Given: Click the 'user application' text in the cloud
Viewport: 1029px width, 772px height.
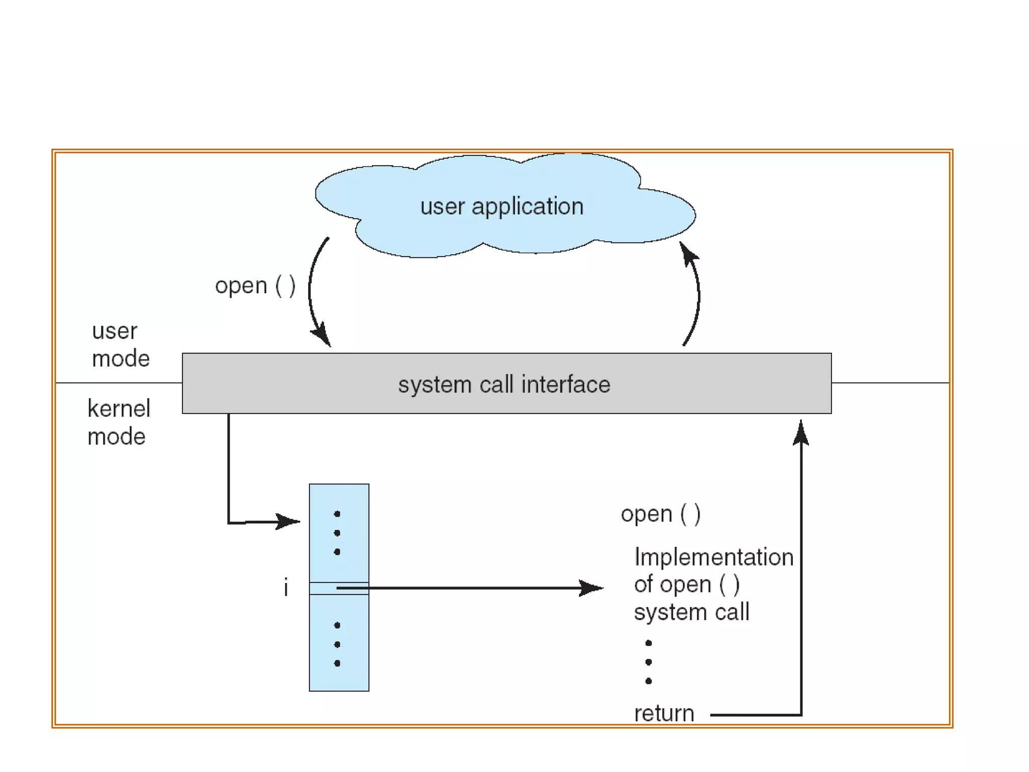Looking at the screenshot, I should click(x=501, y=207).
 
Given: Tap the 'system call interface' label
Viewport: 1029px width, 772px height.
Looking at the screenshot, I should click(x=504, y=384).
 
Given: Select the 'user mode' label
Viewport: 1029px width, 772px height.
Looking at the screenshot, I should click(x=120, y=345).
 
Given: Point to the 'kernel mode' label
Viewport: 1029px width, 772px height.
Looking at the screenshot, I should click(x=119, y=422).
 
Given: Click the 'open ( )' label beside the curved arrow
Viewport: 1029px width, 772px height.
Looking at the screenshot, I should click(x=255, y=286).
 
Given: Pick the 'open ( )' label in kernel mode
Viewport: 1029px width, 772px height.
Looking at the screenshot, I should click(x=660, y=514).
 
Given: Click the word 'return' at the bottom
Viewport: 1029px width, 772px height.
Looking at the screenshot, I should click(x=664, y=713).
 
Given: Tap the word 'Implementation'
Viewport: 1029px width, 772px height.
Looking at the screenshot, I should click(x=713, y=557).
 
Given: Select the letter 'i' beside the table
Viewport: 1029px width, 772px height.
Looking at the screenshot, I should click(x=286, y=587).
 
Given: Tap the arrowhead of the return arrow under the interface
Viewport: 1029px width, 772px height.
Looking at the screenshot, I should click(x=800, y=432).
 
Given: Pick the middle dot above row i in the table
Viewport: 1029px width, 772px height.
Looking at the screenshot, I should click(x=337, y=533).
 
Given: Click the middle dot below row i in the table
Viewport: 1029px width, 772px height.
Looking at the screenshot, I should click(x=337, y=644).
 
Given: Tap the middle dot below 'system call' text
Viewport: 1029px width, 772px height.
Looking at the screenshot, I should click(x=649, y=662).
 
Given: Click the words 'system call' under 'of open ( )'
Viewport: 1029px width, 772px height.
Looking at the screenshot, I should click(x=691, y=612).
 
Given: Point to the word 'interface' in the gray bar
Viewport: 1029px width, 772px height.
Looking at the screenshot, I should click(x=566, y=384).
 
